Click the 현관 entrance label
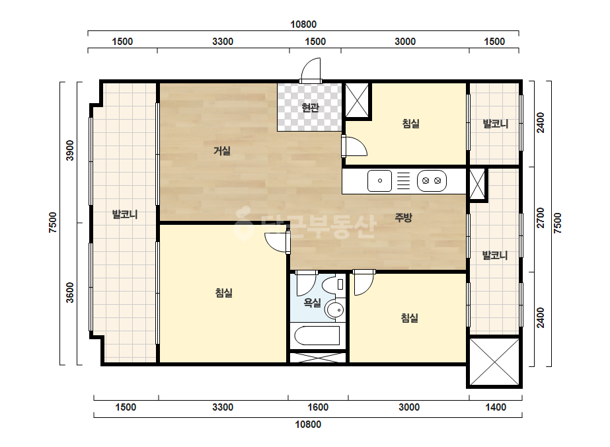(x=310, y=107)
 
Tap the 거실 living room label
(x=222, y=151)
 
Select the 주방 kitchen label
(x=403, y=218)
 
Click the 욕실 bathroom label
(x=313, y=303)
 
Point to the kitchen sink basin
(x=380, y=181)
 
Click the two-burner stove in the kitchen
(x=432, y=181)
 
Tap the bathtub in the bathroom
(x=317, y=336)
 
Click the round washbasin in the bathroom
(x=335, y=310)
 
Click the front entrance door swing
(x=311, y=69)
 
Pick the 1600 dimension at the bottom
(x=318, y=407)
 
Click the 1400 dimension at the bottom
(x=496, y=407)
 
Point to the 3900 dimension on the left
(x=69, y=150)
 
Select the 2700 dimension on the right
(x=541, y=218)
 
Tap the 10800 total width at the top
(x=303, y=24)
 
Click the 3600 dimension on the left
(x=69, y=293)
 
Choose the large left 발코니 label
(x=125, y=214)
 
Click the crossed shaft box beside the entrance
(x=357, y=100)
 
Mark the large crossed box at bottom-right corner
(x=494, y=362)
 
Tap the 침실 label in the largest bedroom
(x=223, y=293)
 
